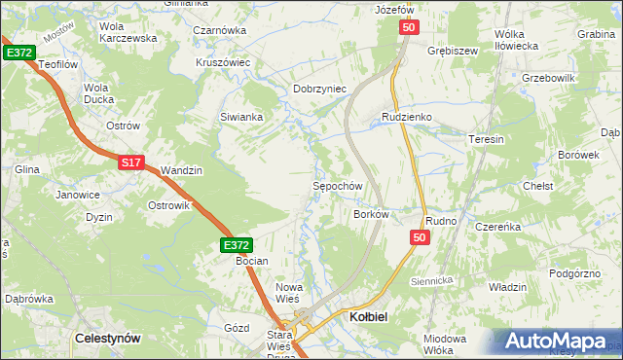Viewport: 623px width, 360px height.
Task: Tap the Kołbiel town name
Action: [x=369, y=317]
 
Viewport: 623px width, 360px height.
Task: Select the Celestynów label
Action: [x=107, y=338]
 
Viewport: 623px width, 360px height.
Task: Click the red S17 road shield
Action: [x=132, y=163]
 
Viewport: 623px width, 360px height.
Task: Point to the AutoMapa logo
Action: [x=560, y=342]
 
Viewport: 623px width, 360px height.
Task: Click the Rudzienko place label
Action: [x=406, y=117]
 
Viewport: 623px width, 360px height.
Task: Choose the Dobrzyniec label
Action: [x=320, y=89]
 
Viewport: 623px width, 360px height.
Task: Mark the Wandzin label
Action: [x=181, y=170]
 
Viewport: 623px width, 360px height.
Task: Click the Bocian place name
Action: [x=251, y=261]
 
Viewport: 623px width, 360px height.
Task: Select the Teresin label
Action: [x=486, y=139]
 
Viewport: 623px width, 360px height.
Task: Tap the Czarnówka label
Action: [x=219, y=30]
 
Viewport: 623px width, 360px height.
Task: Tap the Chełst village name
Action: [x=538, y=186]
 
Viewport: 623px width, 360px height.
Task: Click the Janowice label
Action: [x=78, y=194]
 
